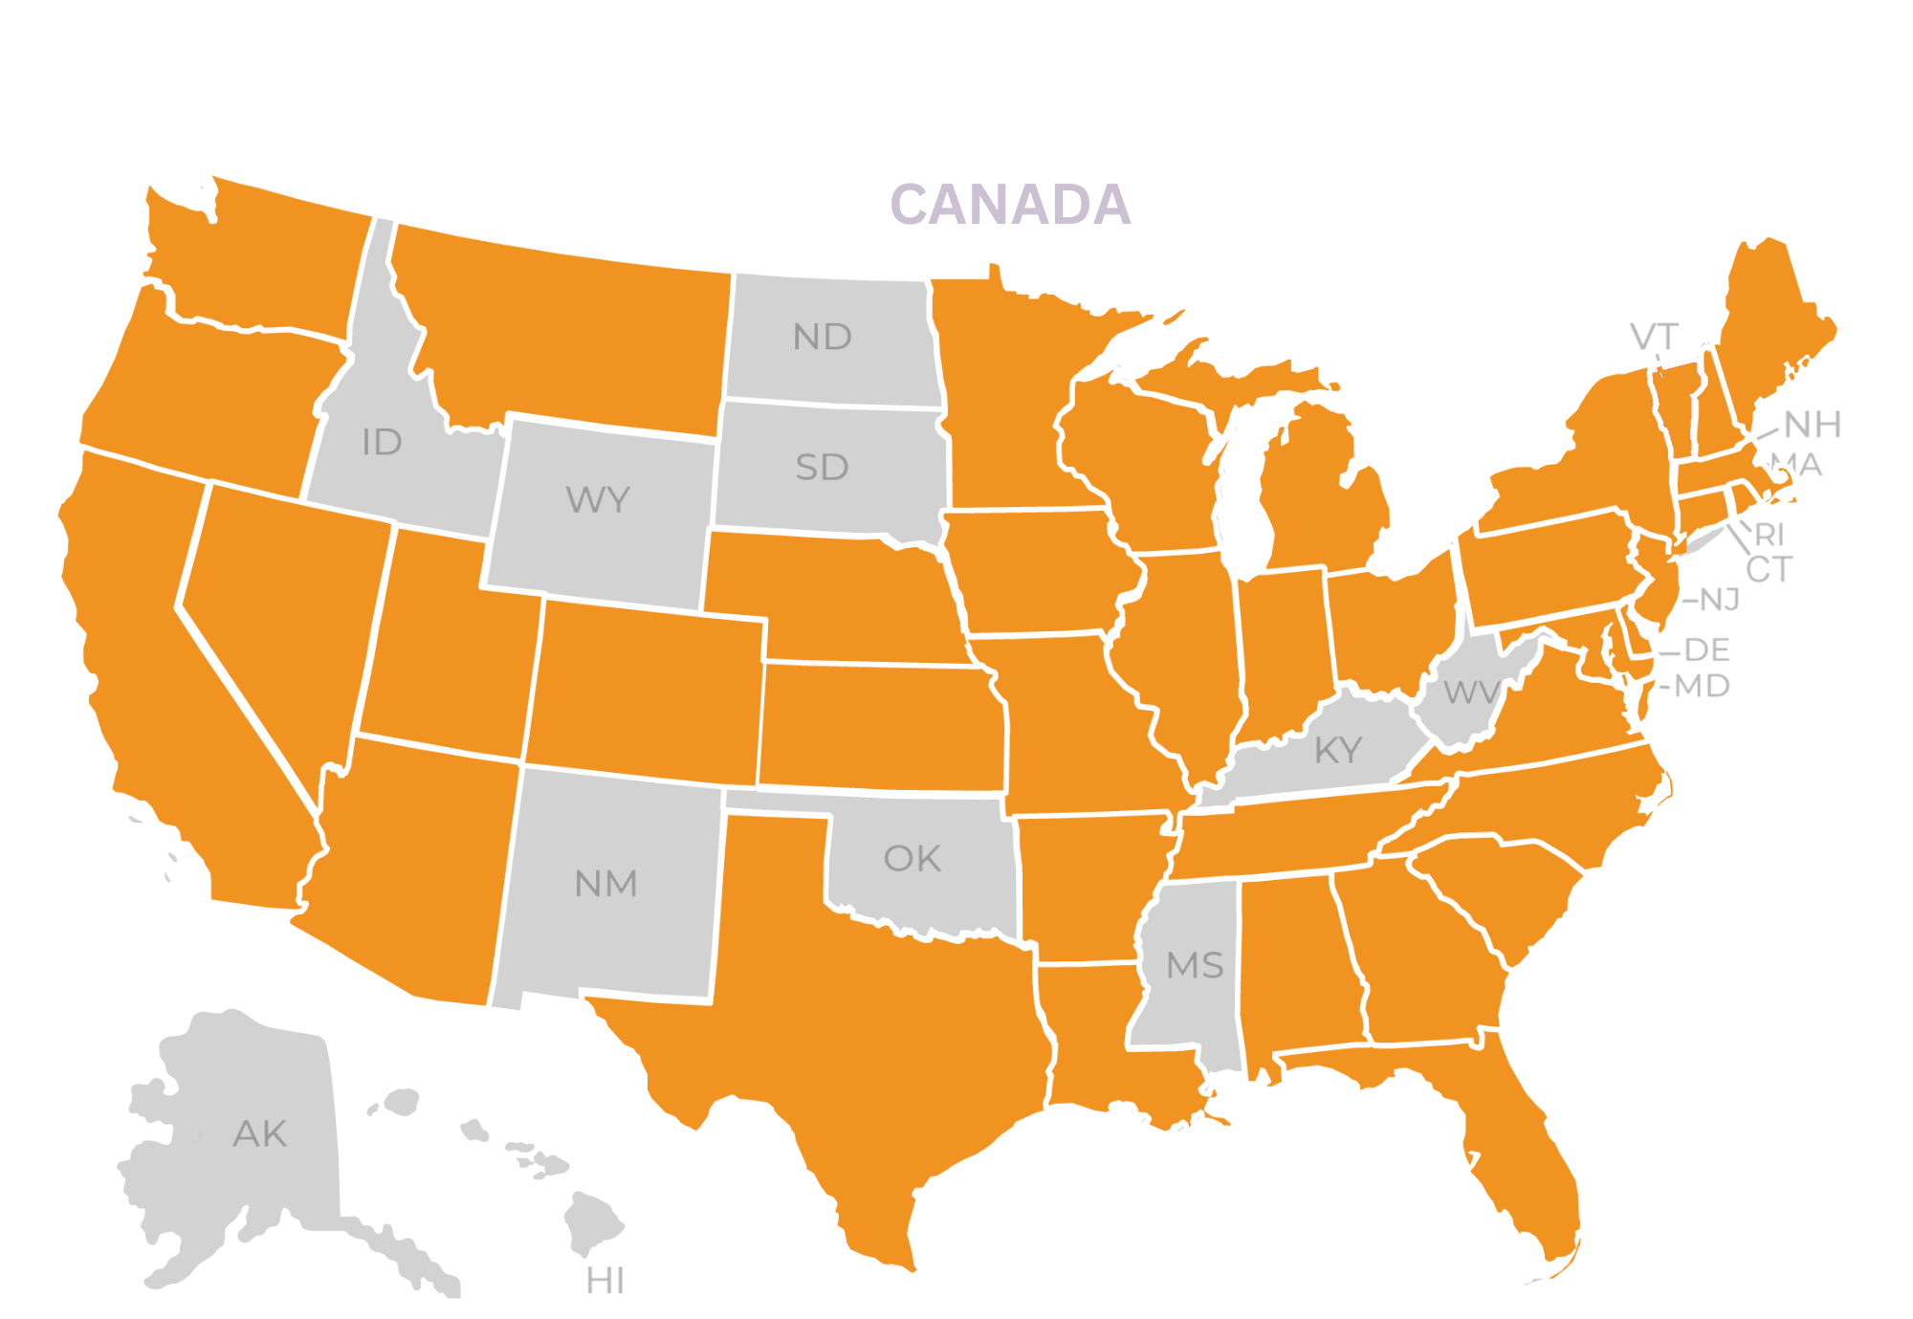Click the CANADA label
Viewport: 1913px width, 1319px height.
[x=1010, y=205]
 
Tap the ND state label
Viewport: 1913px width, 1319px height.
[x=822, y=337]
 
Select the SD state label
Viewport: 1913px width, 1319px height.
[x=822, y=468]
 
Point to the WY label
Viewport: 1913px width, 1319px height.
[x=598, y=499]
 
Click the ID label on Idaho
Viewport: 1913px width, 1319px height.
[x=382, y=442]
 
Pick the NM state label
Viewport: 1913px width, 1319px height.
[x=605, y=884]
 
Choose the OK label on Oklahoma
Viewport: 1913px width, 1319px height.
[x=913, y=859]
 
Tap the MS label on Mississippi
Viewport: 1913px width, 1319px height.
[x=1195, y=965]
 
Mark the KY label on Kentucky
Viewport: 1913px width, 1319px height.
[x=1338, y=751]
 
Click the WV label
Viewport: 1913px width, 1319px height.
[x=1470, y=692]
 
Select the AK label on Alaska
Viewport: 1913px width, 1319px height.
[x=259, y=1134]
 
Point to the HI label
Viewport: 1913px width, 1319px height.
[x=605, y=1281]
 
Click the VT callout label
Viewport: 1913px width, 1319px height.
[x=1654, y=337]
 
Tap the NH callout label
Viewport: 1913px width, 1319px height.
[x=1813, y=424]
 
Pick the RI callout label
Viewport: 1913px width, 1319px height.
[x=1770, y=534]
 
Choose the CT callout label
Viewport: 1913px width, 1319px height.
[x=1768, y=570]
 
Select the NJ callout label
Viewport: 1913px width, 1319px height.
[x=1719, y=600]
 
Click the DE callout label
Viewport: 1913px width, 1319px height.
[x=1706, y=650]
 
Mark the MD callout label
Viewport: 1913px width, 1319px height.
[x=1702, y=686]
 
